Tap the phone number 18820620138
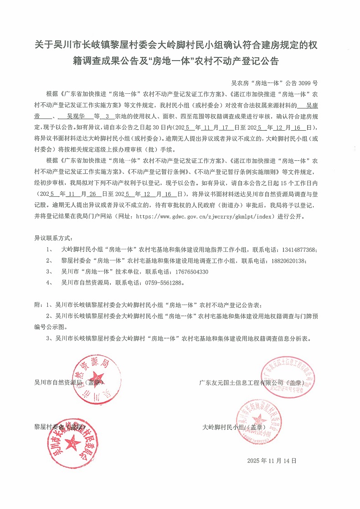click(287, 261)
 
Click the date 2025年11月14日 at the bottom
click(272, 461)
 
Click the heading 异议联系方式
click(53, 238)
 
